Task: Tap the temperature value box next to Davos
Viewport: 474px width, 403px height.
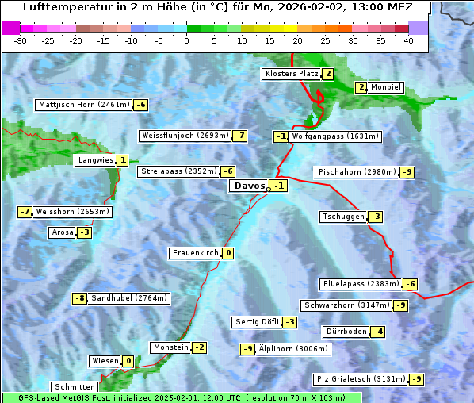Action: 278,186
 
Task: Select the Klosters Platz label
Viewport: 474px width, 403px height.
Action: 291,74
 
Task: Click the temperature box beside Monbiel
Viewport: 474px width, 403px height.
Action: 361,87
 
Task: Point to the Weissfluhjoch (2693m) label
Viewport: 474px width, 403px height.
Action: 185,136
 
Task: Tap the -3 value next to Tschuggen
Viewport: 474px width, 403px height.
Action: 376,217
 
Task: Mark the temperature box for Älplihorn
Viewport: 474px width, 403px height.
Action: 247,349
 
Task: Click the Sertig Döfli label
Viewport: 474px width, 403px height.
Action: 257,322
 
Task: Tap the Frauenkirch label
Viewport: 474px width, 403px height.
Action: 194,253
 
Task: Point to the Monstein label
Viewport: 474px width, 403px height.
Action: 170,347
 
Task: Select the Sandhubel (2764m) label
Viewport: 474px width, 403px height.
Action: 129,298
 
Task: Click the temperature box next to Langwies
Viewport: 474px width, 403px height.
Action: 122,160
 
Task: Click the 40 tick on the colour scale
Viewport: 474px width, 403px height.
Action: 408,40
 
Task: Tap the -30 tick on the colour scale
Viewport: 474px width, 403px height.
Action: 21,40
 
